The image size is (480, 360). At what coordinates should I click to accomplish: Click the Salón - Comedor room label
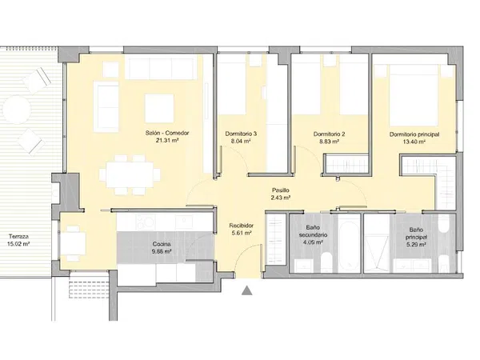pos(167,133)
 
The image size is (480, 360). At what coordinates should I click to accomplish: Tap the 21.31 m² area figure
pos(167,141)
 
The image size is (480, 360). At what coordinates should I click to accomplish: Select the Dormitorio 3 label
pos(241,134)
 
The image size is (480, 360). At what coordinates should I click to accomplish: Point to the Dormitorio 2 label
pos(329,134)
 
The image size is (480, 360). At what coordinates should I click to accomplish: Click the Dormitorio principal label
pos(414,134)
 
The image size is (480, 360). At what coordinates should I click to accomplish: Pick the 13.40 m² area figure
pos(414,142)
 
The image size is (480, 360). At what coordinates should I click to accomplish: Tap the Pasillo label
pos(281,190)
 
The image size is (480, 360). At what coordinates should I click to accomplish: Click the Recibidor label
pos(242,226)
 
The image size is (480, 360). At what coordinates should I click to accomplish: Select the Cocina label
pos(162,244)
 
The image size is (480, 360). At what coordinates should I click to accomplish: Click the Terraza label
pos(18,237)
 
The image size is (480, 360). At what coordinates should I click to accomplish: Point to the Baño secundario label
pos(313,231)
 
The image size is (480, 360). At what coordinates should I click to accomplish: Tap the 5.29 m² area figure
pos(416,245)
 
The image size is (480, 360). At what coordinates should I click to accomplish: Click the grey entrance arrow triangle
pos(246,290)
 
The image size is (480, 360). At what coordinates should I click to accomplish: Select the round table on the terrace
pos(17,110)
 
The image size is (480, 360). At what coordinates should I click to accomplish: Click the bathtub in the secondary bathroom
pos(349,242)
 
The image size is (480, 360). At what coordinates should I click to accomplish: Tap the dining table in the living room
pos(130,175)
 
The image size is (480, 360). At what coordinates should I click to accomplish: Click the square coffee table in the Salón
pos(159,108)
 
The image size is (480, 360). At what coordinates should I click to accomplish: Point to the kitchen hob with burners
pos(146,222)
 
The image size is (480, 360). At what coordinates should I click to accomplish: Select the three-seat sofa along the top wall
pos(161,67)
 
